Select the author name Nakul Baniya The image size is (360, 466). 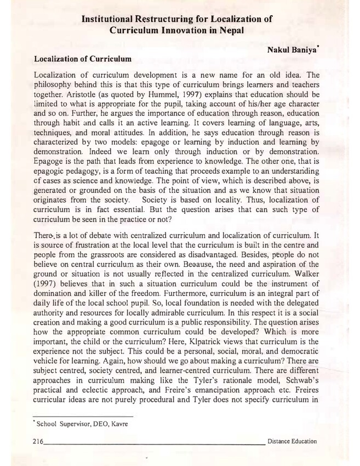290,50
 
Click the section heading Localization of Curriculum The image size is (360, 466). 82,58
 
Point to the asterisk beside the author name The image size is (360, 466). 319,47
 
